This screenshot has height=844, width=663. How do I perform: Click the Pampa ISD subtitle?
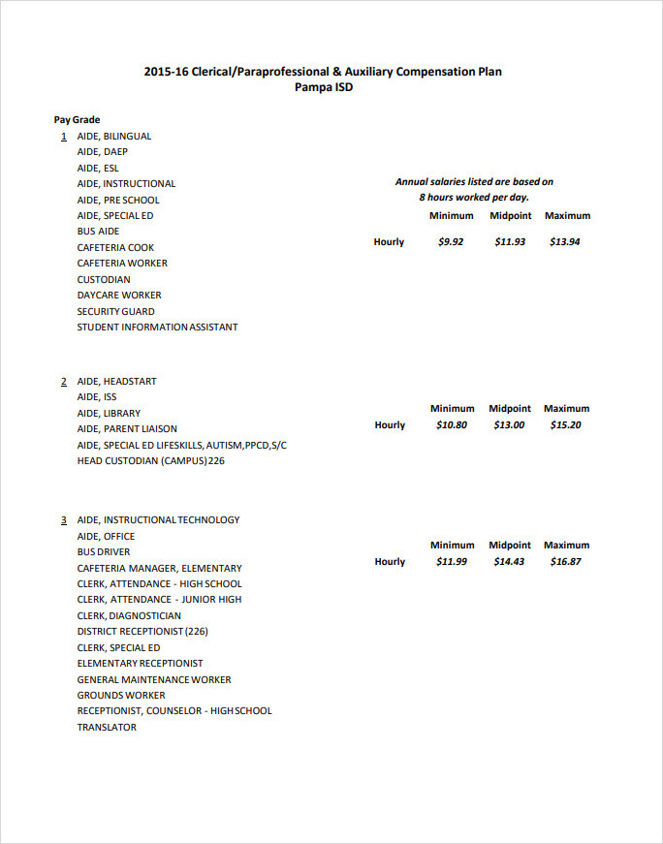(324, 87)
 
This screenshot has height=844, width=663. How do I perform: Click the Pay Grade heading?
(77, 120)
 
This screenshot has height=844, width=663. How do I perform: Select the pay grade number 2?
(64, 382)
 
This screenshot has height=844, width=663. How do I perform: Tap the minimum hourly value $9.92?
(451, 241)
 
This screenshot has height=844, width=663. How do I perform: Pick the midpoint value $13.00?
(509, 424)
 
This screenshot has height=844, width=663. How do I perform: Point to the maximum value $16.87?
(565, 561)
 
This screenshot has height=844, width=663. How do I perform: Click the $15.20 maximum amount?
(565, 424)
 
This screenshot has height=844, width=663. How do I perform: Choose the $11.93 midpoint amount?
(510, 241)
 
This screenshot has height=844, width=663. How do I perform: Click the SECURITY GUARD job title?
(115, 311)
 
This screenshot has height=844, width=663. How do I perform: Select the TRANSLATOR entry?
(107, 727)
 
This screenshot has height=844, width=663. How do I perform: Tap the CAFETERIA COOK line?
(115, 247)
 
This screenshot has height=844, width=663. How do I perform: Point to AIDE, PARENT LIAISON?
(127, 428)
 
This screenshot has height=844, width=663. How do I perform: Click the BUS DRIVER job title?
(104, 551)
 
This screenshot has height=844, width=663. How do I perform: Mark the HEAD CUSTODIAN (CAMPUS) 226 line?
(150, 460)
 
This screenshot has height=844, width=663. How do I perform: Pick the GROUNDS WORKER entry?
(121, 695)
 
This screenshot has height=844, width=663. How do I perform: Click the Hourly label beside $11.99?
(390, 561)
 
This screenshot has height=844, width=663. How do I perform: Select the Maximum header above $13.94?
(567, 215)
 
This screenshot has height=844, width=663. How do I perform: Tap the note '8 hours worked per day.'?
(474, 197)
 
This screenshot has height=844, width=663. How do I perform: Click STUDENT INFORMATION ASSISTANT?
(157, 327)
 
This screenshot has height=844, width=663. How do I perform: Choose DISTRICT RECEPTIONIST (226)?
(142, 631)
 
